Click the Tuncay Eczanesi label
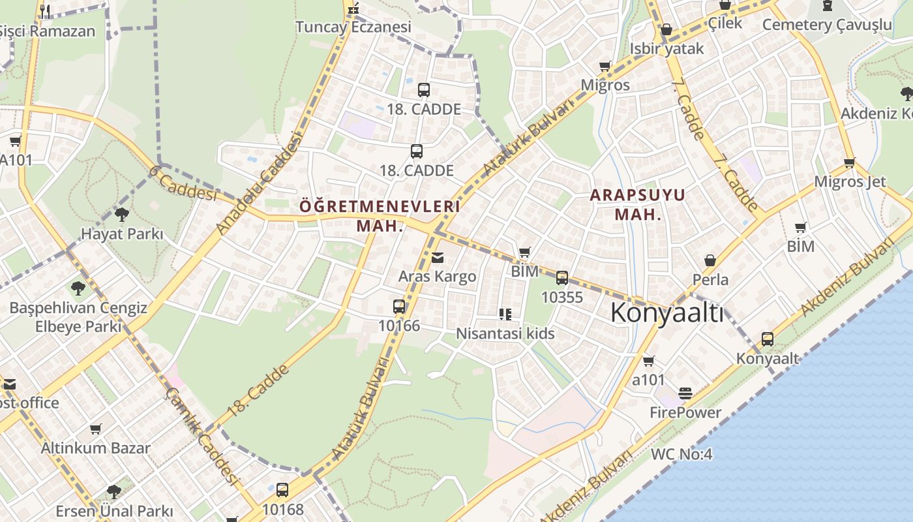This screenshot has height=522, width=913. click(x=353, y=27)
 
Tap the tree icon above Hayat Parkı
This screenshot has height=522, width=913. click(x=121, y=215)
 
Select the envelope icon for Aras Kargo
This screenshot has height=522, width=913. click(x=437, y=258)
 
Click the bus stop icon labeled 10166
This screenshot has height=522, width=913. click(x=399, y=307)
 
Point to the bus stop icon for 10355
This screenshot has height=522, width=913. click(x=562, y=278)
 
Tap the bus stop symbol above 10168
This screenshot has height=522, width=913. click(x=282, y=489)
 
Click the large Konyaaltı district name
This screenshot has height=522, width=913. click(x=666, y=314)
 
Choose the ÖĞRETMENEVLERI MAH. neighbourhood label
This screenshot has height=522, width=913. click(x=380, y=216)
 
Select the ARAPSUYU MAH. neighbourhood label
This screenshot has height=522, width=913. click(x=638, y=204)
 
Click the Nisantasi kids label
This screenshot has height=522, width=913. click(x=505, y=334)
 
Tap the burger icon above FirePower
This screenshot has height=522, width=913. click(x=685, y=393)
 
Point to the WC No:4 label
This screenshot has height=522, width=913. click(x=681, y=454)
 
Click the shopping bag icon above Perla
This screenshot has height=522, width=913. click(x=710, y=261)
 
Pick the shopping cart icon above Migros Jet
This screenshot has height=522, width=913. click(x=849, y=162)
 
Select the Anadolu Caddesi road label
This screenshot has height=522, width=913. click(x=260, y=184)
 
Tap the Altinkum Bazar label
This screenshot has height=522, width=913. click(x=95, y=448)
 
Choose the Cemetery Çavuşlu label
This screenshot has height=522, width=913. click(x=826, y=25)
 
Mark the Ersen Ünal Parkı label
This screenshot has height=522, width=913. click(x=114, y=511)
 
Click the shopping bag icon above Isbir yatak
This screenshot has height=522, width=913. click(x=666, y=30)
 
